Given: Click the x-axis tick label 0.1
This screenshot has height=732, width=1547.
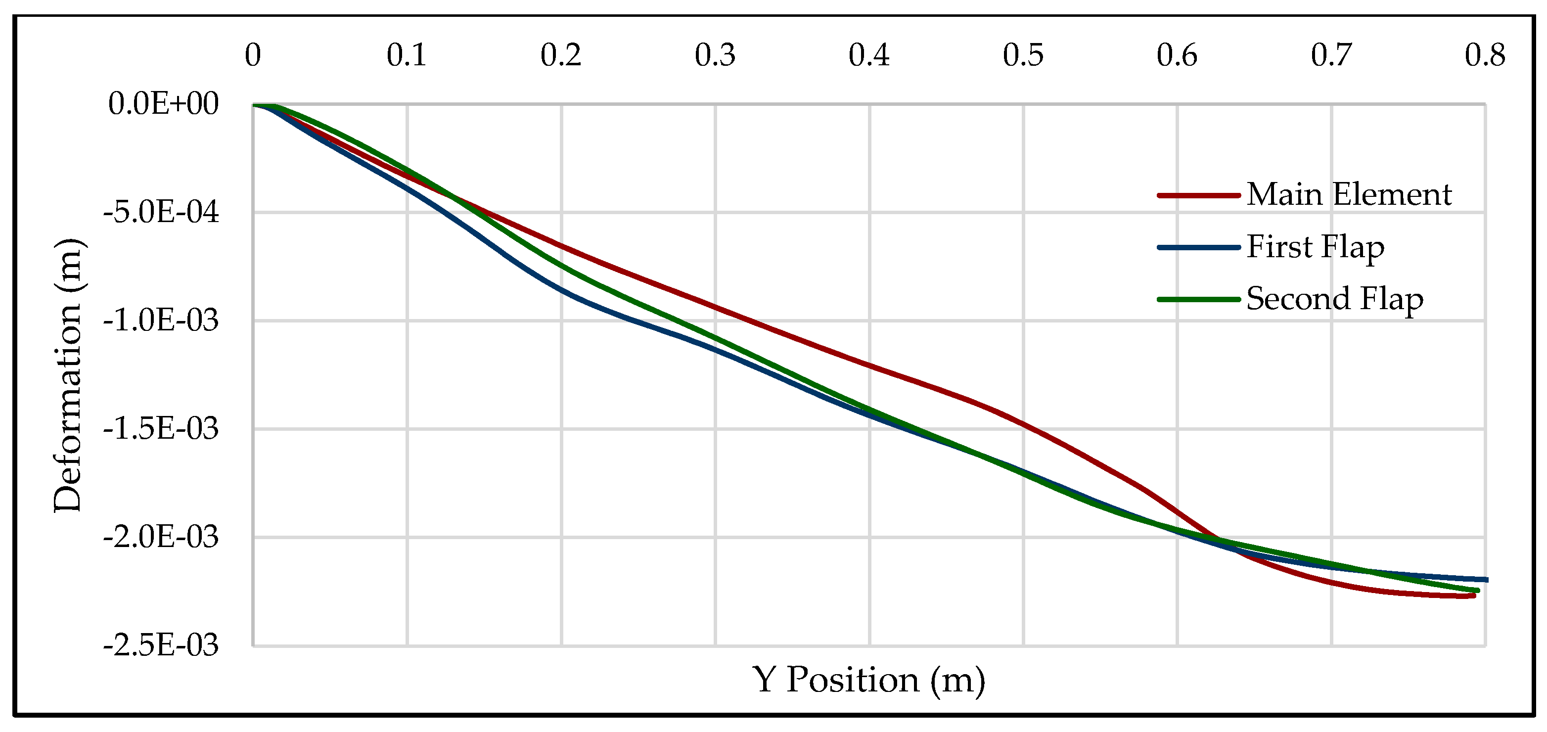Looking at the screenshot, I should (407, 55).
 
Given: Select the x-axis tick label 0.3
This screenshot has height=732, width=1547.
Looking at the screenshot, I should (715, 55).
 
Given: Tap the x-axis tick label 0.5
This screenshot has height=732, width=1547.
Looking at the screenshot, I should (1023, 55).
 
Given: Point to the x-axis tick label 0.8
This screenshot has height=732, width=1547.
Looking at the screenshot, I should (1485, 55).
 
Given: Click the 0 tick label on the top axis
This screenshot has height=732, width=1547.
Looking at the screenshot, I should (253, 55).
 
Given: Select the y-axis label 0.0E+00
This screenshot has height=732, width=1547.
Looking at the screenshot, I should (163, 104).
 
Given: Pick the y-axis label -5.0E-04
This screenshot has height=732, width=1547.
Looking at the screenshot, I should (161, 212).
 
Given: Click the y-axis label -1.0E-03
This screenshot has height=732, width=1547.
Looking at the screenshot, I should (161, 320).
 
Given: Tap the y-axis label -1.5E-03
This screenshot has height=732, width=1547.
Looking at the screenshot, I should (161, 429).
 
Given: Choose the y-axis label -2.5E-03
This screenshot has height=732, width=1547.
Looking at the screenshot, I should (161, 645).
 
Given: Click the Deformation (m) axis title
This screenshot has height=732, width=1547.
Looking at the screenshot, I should (67, 375).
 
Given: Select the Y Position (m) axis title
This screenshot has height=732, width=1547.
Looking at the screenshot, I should (868, 681).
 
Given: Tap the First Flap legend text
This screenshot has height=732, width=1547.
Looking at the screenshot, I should (1315, 247).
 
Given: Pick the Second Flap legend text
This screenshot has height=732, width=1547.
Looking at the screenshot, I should (1334, 299).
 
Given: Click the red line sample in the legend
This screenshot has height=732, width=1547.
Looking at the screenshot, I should (1199, 195).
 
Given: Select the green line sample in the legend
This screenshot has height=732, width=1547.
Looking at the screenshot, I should (1199, 299).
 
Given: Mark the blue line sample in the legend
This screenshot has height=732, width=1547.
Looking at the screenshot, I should (1199, 247).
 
